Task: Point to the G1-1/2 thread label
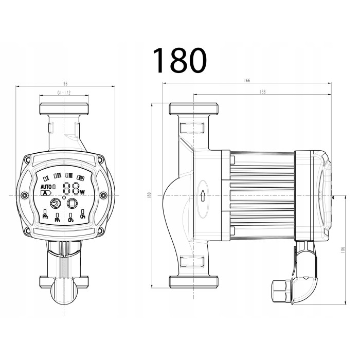[64, 94]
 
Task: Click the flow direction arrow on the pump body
[204, 195]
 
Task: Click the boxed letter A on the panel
[46, 193]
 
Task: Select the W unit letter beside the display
[82, 191]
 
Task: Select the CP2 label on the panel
[71, 220]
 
